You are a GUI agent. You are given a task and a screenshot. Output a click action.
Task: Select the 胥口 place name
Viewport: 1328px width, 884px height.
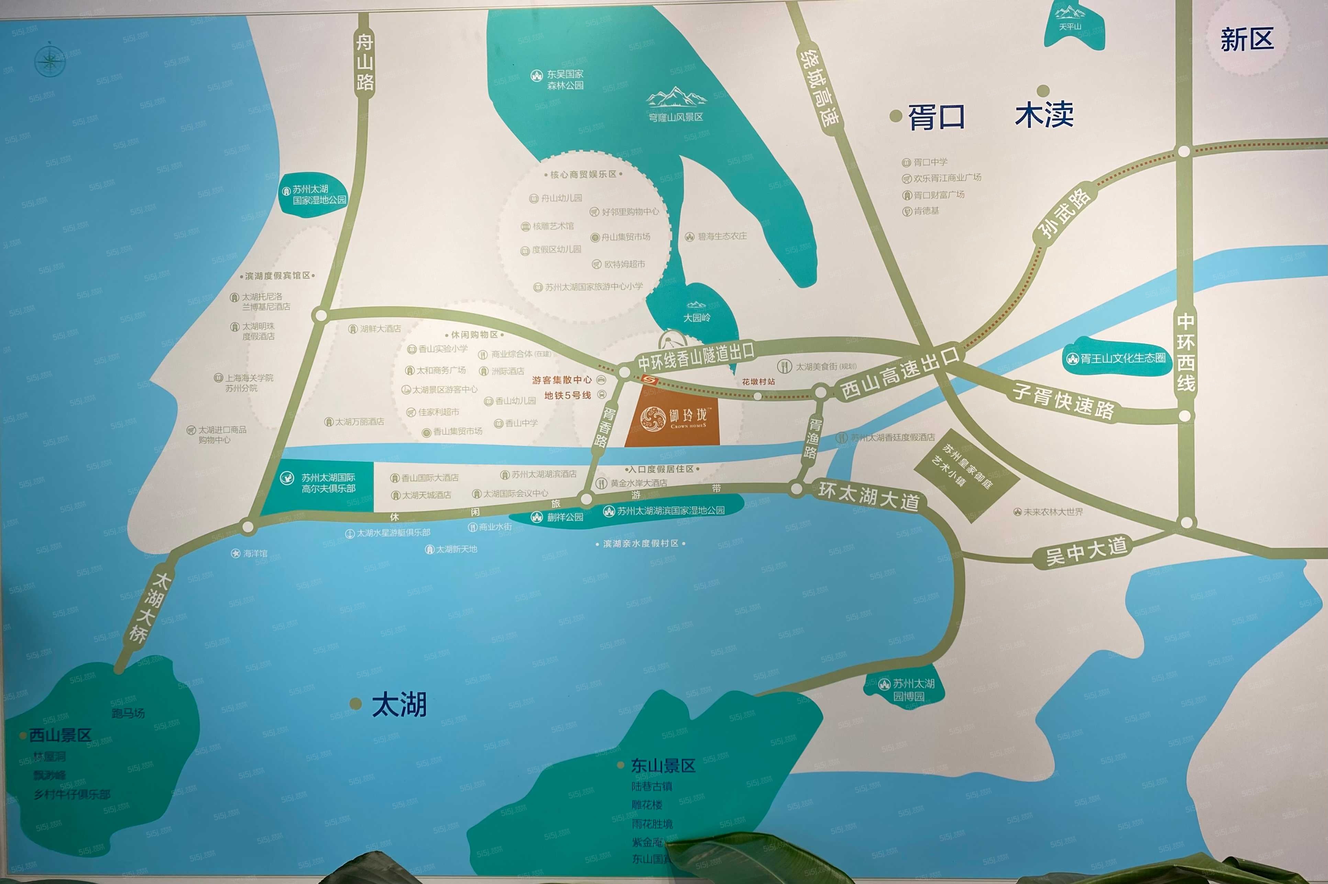(936, 117)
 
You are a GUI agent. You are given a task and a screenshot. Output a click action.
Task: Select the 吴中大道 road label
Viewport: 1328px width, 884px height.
(1086, 550)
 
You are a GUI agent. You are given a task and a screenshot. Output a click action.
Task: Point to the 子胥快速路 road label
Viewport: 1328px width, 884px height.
(1063, 401)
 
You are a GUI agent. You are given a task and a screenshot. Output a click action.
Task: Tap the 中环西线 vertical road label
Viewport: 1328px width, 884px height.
(1185, 352)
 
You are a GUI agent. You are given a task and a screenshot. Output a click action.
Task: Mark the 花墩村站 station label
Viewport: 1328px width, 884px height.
(758, 382)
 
